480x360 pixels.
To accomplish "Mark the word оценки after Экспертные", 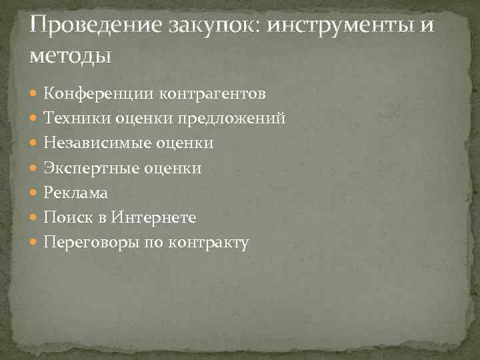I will pyautogui.click(x=172, y=168).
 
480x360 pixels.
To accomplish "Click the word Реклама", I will pyautogui.click(x=75, y=193).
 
